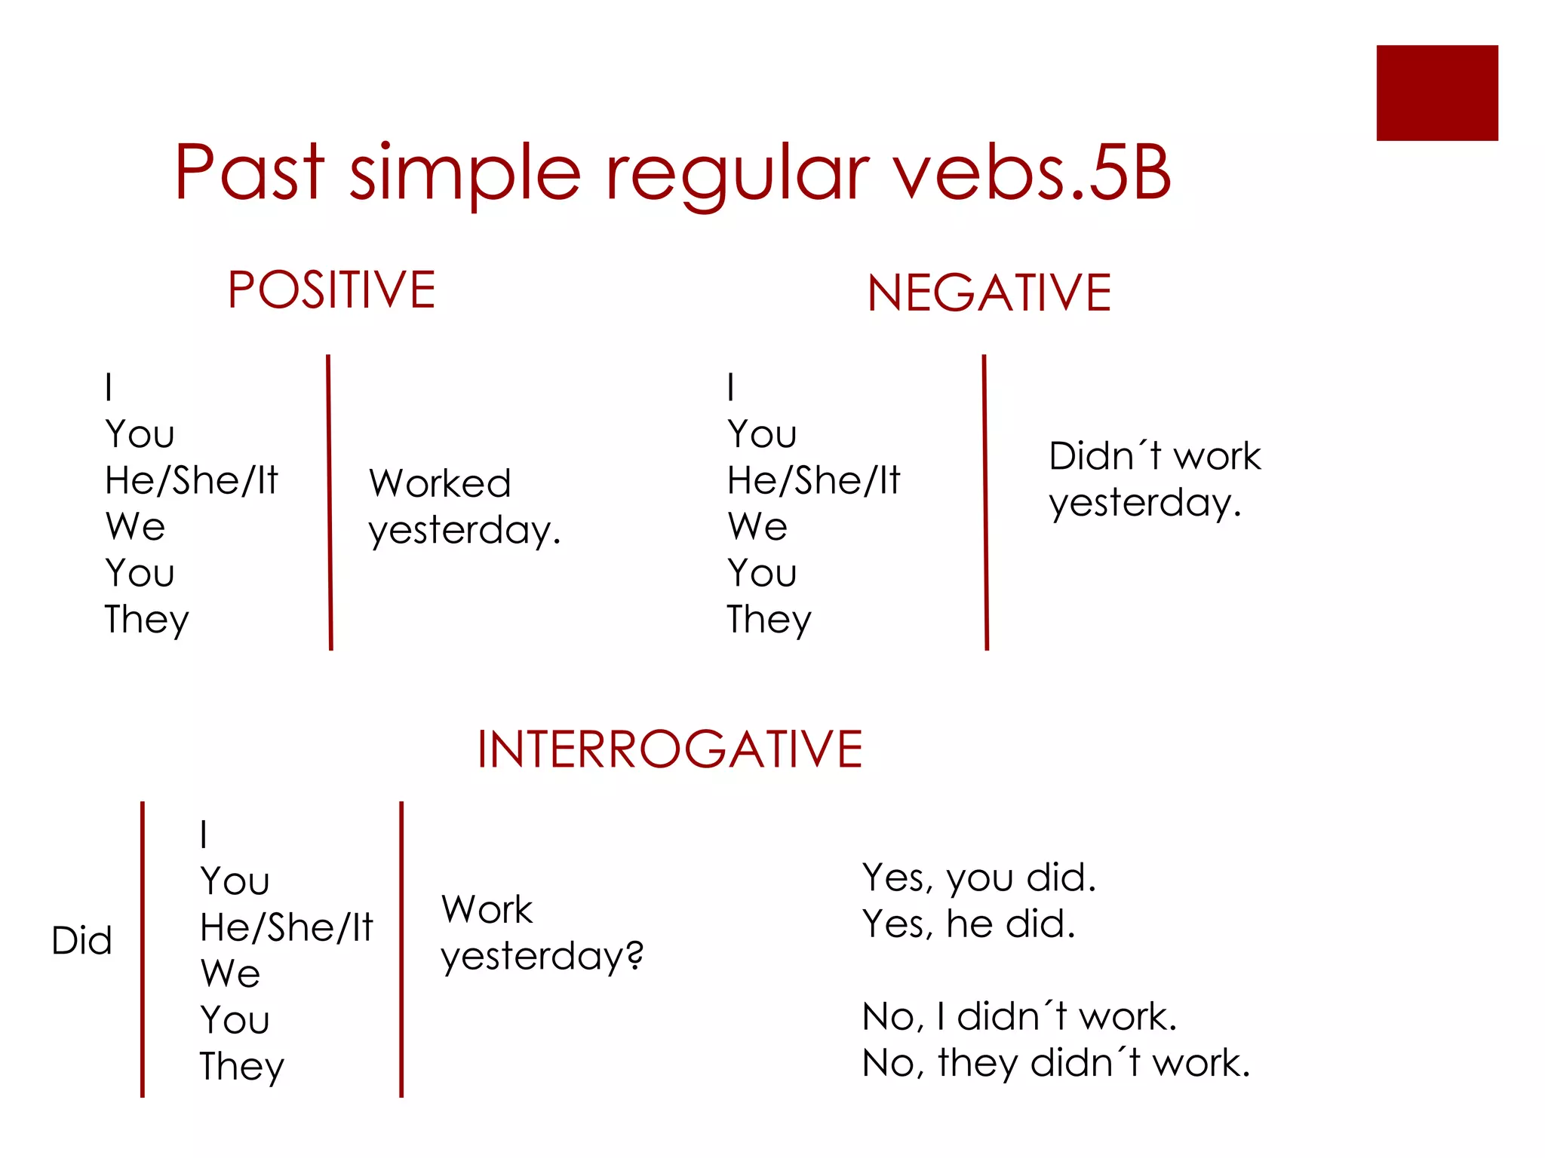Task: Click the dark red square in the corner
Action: click(1436, 93)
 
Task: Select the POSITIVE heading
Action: click(331, 289)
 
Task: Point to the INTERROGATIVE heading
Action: click(669, 749)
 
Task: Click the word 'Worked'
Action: click(440, 483)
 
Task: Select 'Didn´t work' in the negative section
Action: click(1154, 456)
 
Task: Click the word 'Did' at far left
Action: click(81, 941)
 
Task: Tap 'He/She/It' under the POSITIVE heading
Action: click(192, 480)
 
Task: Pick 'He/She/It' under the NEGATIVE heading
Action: click(813, 480)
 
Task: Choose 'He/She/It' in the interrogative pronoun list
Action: click(287, 927)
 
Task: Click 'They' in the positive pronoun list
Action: click(146, 620)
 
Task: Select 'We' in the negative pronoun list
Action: click(757, 526)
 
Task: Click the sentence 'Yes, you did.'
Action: click(978, 878)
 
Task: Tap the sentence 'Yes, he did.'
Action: click(968, 924)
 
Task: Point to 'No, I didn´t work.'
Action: click(1018, 1016)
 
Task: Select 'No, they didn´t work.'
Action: click(1055, 1063)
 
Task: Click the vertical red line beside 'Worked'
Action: click(329, 501)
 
